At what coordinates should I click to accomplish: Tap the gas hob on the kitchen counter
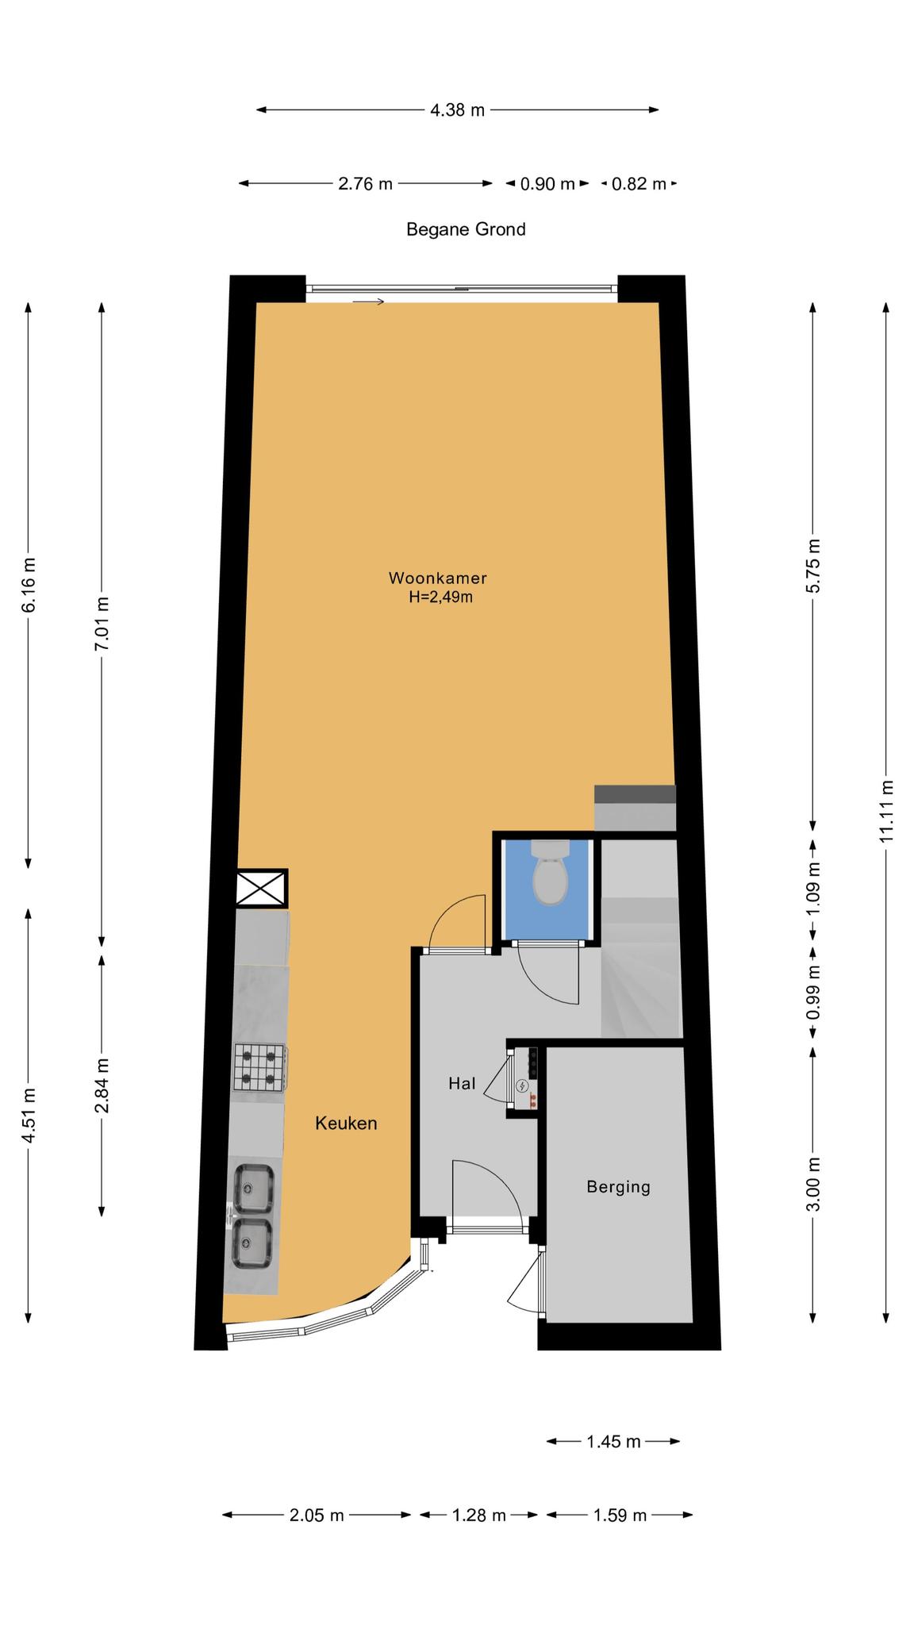tap(259, 1066)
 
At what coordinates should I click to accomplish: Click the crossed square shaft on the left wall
tap(261, 889)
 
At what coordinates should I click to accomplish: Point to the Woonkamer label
tap(437, 578)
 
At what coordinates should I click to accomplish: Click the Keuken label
tap(346, 1123)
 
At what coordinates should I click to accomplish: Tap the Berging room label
tap(618, 1187)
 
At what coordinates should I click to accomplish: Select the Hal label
tap(462, 1083)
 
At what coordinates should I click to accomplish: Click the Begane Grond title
tap(466, 229)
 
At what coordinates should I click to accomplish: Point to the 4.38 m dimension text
tap(457, 110)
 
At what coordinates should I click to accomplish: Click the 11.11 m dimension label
tap(887, 811)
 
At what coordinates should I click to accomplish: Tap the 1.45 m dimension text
tap(613, 1442)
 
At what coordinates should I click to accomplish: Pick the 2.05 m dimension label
tap(317, 1516)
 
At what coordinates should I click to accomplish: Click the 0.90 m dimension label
tap(547, 184)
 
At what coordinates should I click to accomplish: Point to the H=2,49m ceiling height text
tap(440, 597)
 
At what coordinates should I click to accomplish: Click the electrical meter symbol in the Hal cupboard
tap(522, 1085)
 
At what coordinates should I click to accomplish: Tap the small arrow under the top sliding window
tap(368, 302)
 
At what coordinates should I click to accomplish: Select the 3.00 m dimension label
tap(813, 1184)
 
